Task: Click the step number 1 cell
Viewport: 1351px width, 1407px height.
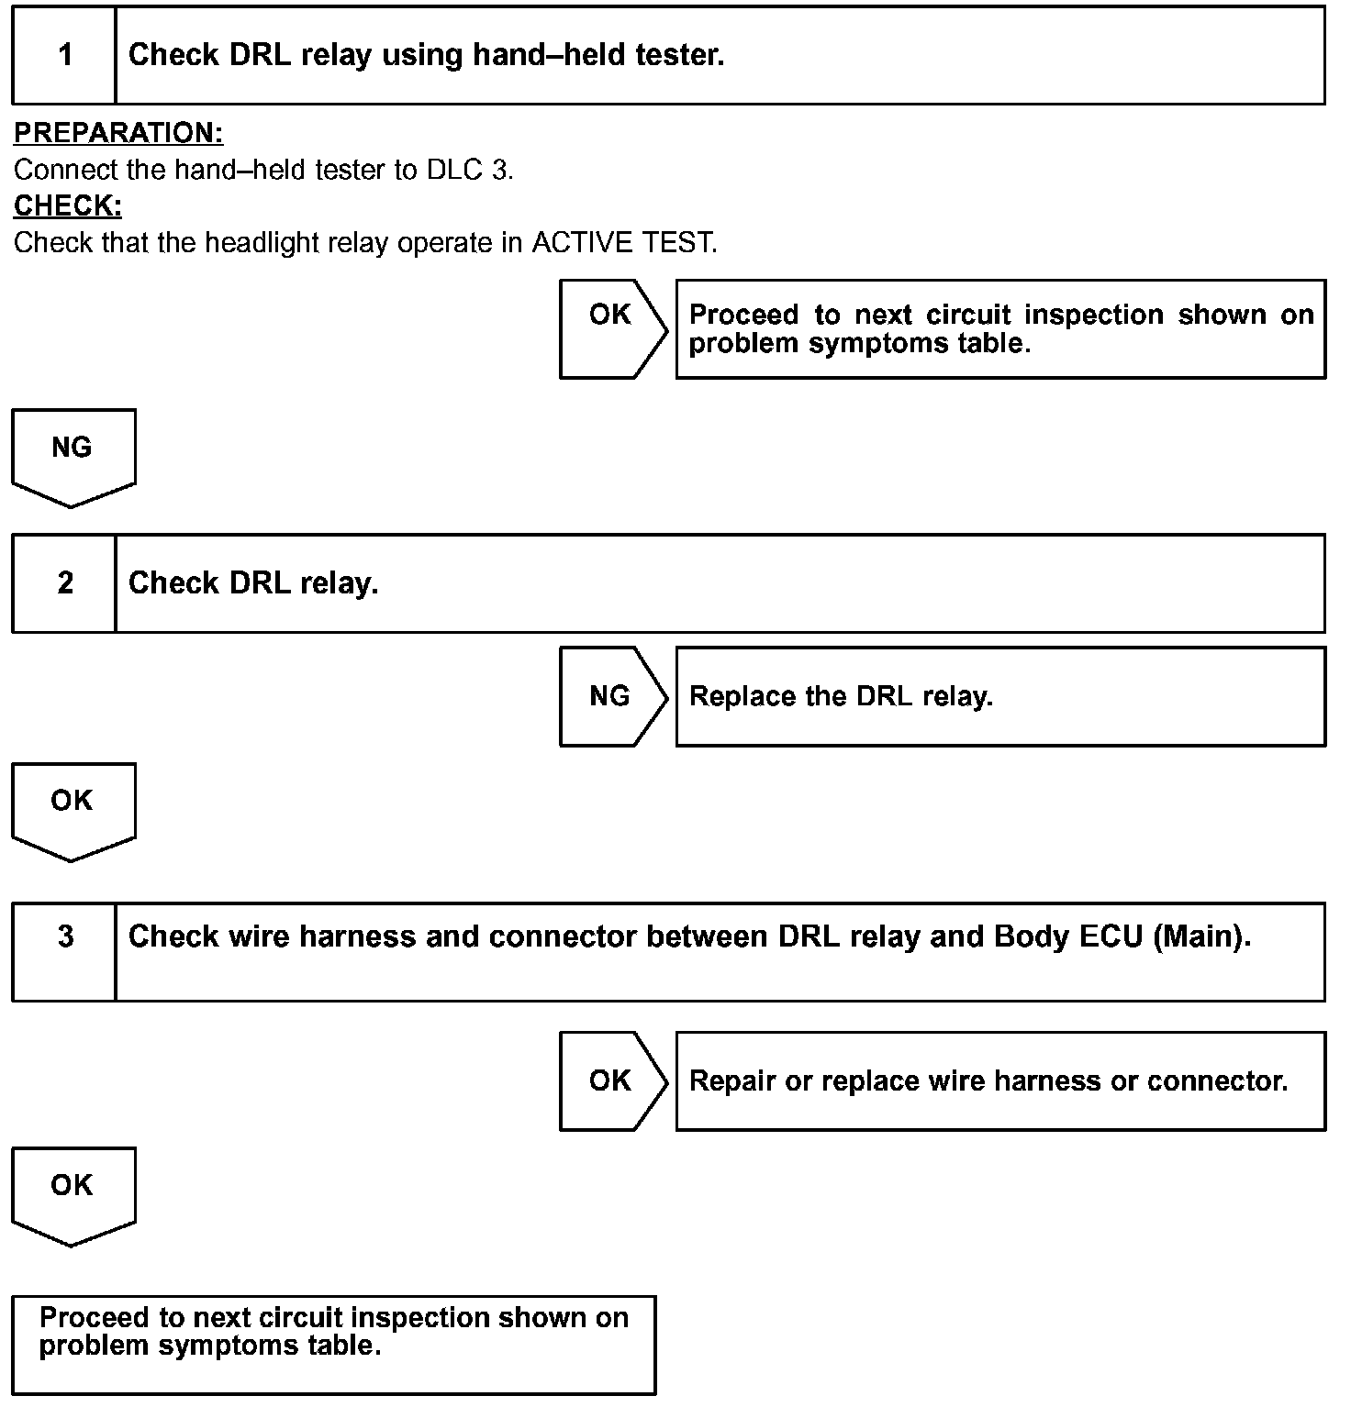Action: point(64,55)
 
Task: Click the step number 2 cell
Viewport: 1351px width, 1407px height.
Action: point(64,583)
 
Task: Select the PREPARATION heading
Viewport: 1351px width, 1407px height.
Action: point(118,133)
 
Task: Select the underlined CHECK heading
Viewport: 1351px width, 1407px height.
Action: point(68,206)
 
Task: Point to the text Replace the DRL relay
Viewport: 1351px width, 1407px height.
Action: point(841,696)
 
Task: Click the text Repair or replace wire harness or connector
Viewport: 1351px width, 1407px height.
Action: point(988,1080)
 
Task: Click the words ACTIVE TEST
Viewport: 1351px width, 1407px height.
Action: point(624,243)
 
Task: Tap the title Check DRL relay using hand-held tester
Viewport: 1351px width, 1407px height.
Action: point(426,55)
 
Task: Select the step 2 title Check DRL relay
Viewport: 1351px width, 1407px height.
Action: point(253,583)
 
